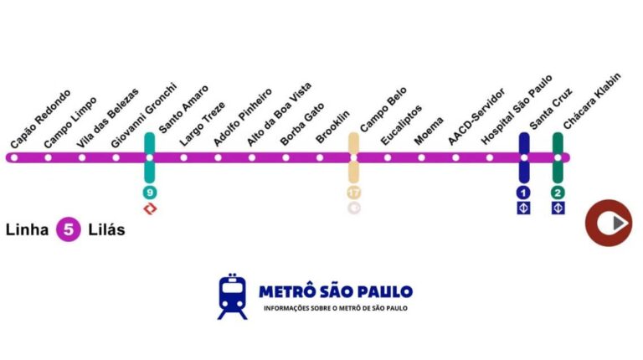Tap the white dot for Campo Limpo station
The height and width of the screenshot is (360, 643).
tap(48, 157)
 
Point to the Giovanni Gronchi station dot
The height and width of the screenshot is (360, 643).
tap(116, 157)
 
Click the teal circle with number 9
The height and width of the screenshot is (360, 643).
tap(150, 192)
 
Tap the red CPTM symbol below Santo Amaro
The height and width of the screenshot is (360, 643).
tap(150, 208)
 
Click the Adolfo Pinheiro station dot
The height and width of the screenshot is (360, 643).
tap(218, 157)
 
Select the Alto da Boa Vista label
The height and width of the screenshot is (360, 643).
tap(279, 119)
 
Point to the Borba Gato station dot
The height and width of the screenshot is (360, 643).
tap(285, 157)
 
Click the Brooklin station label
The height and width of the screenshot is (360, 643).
tap(333, 127)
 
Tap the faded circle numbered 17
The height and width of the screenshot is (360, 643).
tap(353, 192)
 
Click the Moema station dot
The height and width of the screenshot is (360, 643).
tap(421, 157)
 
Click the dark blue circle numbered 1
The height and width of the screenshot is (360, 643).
tap(524, 192)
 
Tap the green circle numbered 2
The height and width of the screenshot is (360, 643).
tap(558, 192)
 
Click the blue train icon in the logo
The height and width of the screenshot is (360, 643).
tap(233, 298)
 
